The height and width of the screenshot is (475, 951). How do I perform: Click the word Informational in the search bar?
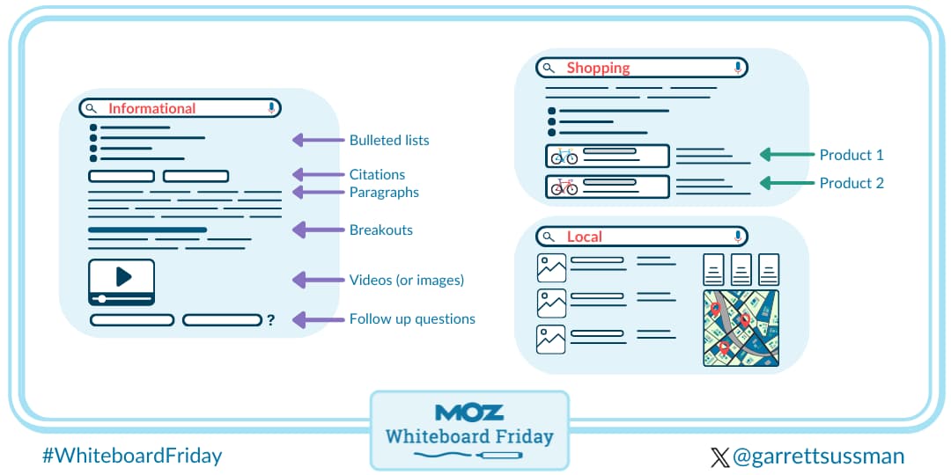click(x=151, y=108)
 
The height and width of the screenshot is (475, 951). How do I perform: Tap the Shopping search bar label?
click(x=598, y=68)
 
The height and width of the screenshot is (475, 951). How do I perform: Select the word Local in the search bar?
click(x=584, y=237)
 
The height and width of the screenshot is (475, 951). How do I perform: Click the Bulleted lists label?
click(x=389, y=140)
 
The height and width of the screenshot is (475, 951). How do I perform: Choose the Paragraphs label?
click(x=384, y=192)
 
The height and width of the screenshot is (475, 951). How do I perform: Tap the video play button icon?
click(x=122, y=277)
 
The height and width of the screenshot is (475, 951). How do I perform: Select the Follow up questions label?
click(x=412, y=318)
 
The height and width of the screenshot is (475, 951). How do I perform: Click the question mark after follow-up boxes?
click(x=271, y=320)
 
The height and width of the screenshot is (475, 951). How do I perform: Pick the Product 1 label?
click(x=851, y=155)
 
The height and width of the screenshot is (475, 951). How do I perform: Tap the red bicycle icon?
click(x=564, y=186)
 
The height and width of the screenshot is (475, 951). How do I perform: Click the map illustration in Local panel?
click(x=741, y=327)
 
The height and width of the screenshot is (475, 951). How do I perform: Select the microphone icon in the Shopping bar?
click(x=737, y=68)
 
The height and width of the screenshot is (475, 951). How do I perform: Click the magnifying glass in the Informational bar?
click(x=92, y=108)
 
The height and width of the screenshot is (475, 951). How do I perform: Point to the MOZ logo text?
click(x=469, y=412)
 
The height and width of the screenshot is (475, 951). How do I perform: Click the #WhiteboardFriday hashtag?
click(x=132, y=456)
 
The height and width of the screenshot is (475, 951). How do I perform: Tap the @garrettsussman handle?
click(x=818, y=457)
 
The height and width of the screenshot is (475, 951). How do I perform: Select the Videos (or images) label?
click(x=407, y=280)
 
